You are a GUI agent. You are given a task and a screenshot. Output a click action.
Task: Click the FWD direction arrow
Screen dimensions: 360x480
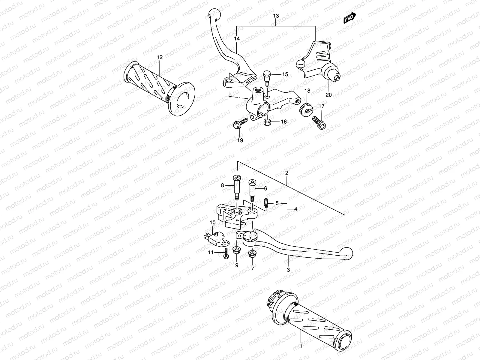click(x=349, y=18)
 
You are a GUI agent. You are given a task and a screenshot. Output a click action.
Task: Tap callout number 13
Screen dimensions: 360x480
click(x=276, y=15)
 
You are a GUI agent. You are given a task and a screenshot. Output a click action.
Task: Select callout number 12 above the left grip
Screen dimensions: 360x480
click(x=160, y=57)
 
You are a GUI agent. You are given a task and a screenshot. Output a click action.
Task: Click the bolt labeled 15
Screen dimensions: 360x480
click(x=267, y=77)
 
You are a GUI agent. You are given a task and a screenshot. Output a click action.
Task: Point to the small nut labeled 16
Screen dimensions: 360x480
click(x=266, y=122)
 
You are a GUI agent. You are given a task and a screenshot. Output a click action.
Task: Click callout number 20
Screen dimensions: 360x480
click(x=328, y=95)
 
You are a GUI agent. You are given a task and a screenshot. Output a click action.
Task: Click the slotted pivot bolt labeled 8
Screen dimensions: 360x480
click(x=237, y=188)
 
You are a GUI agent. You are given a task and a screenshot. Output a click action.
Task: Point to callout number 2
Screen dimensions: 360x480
click(x=287, y=173)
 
